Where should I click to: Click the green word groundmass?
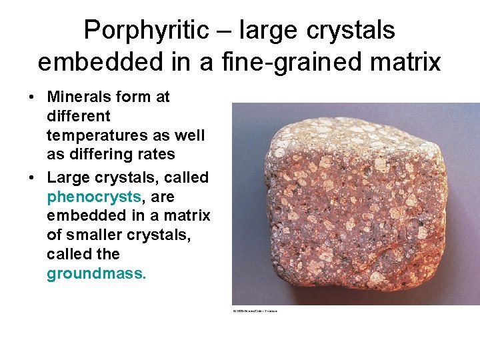tap(96, 273)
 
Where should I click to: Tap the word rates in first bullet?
tap(159, 155)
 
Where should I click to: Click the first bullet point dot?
tap(32, 97)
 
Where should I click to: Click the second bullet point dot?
tap(32, 178)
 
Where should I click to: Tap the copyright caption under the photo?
tap(255, 311)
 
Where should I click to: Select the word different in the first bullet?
tap(79, 116)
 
